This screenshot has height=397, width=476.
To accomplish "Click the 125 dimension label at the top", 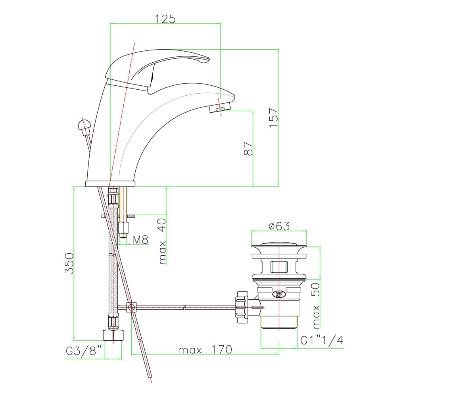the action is coord(165,19).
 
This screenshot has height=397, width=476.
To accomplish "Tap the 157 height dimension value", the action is coord(274,118).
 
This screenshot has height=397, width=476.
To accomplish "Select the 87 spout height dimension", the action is coord(248,148).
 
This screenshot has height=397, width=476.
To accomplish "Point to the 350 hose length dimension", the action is coord(69,263).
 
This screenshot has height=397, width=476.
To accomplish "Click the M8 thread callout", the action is coord(140,239).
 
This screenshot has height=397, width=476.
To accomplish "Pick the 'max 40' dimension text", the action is coord(162,241).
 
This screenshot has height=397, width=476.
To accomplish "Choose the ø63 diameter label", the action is coord(279,226).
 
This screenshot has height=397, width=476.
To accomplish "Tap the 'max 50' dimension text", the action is coord(316,306).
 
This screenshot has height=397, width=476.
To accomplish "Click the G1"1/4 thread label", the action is coord(322,341).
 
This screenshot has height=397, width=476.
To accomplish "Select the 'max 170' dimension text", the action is coord(205,349).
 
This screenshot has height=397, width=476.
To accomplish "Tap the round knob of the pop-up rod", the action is coord(84,125).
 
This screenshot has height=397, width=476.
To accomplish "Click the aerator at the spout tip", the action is coord(220,108).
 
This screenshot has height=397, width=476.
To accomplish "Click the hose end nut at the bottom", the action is coord(113,335).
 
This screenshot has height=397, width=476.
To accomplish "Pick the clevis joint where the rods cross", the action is coord(131,307).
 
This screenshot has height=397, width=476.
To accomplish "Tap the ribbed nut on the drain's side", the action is coord(242,307).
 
